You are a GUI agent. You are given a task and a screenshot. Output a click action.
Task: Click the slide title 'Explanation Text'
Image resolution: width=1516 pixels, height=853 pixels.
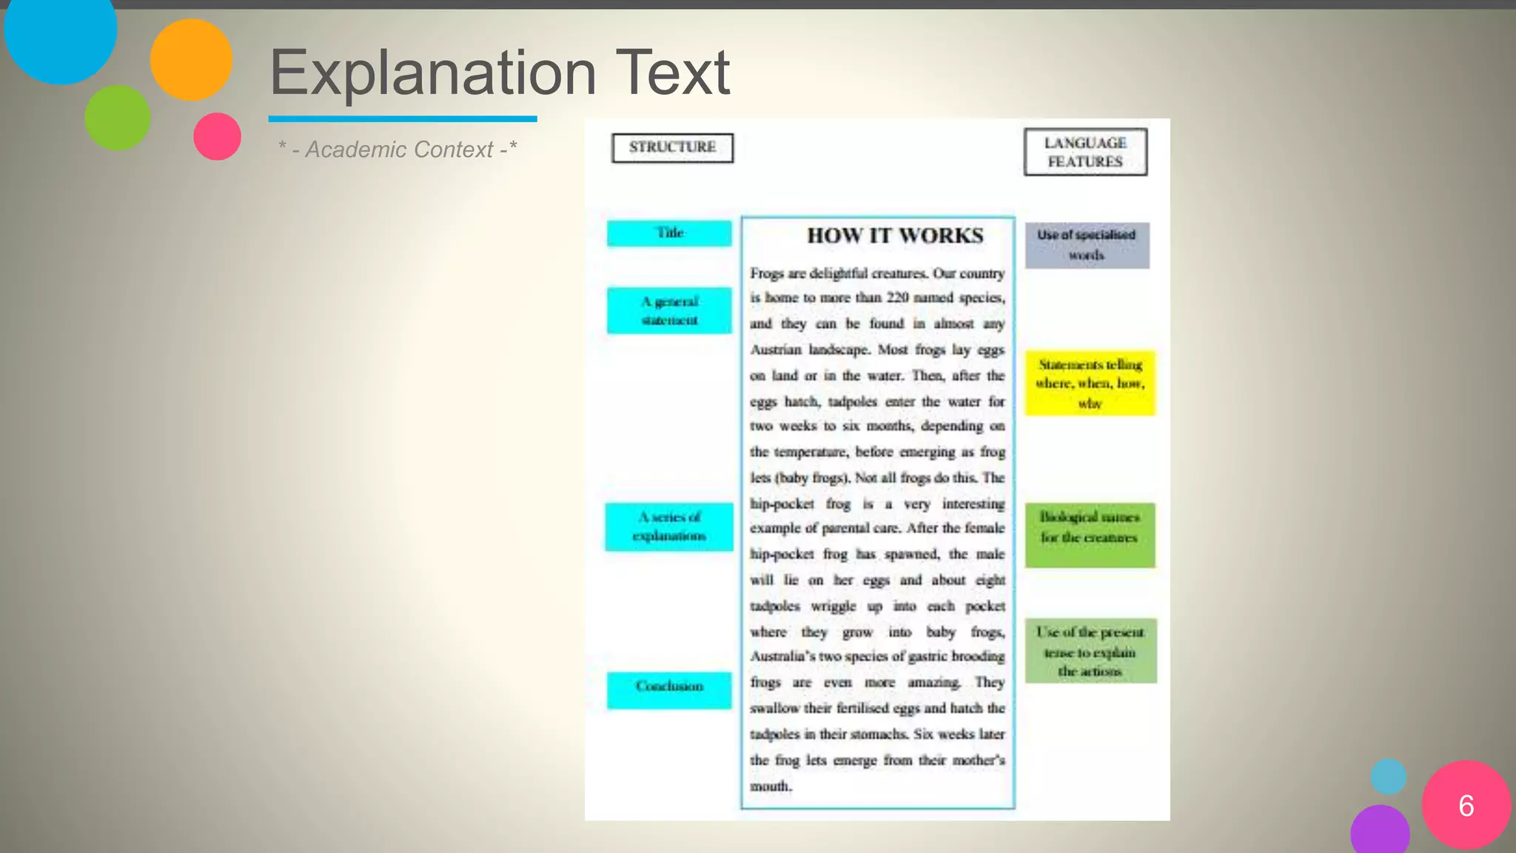pyautogui.click(x=500, y=73)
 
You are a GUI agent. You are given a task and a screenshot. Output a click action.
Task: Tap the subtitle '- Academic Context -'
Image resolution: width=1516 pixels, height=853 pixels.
pyautogui.click(x=398, y=150)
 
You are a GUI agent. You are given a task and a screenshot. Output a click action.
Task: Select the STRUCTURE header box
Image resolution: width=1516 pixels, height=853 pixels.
pyautogui.click(x=672, y=147)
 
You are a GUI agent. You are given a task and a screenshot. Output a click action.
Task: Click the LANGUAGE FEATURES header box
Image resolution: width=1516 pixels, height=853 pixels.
pyautogui.click(x=1085, y=152)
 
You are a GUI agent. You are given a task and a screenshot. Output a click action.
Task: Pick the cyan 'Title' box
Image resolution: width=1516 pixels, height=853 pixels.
pyautogui.click(x=669, y=233)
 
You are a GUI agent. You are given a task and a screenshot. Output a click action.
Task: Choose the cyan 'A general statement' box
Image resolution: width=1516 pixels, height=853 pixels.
pyautogui.click(x=669, y=310)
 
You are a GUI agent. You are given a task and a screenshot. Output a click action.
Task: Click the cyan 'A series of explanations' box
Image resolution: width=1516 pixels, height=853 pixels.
pyautogui.click(x=668, y=526)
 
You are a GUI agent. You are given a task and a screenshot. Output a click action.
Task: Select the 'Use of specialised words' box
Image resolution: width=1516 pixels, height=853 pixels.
pyautogui.click(x=1087, y=245)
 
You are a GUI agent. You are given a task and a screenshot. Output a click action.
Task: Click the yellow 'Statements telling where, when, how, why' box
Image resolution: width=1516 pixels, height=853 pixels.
pyautogui.click(x=1090, y=383)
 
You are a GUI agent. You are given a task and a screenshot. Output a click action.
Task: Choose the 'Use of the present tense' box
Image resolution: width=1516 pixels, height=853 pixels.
pyautogui.click(x=1090, y=651)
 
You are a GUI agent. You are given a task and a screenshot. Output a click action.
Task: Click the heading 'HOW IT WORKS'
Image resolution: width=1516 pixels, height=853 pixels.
pyautogui.click(x=895, y=235)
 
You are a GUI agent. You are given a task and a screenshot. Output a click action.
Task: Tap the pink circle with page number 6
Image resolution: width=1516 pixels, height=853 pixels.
pyautogui.click(x=1466, y=805)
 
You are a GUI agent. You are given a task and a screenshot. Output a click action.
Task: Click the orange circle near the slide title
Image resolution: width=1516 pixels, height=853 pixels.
pyautogui.click(x=191, y=59)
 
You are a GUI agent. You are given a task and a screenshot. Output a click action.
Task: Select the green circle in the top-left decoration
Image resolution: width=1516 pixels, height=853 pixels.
pyautogui.click(x=117, y=117)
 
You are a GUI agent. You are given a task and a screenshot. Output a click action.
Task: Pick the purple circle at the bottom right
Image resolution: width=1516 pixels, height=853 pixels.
pyautogui.click(x=1380, y=831)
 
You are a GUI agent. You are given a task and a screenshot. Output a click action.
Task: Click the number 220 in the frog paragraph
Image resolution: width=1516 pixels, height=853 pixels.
pyautogui.click(x=898, y=298)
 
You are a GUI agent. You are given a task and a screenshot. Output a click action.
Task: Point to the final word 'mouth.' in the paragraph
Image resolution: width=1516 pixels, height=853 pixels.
pyautogui.click(x=771, y=786)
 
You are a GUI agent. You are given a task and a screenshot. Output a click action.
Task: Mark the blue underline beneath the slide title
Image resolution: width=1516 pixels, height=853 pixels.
pyautogui.click(x=403, y=118)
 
